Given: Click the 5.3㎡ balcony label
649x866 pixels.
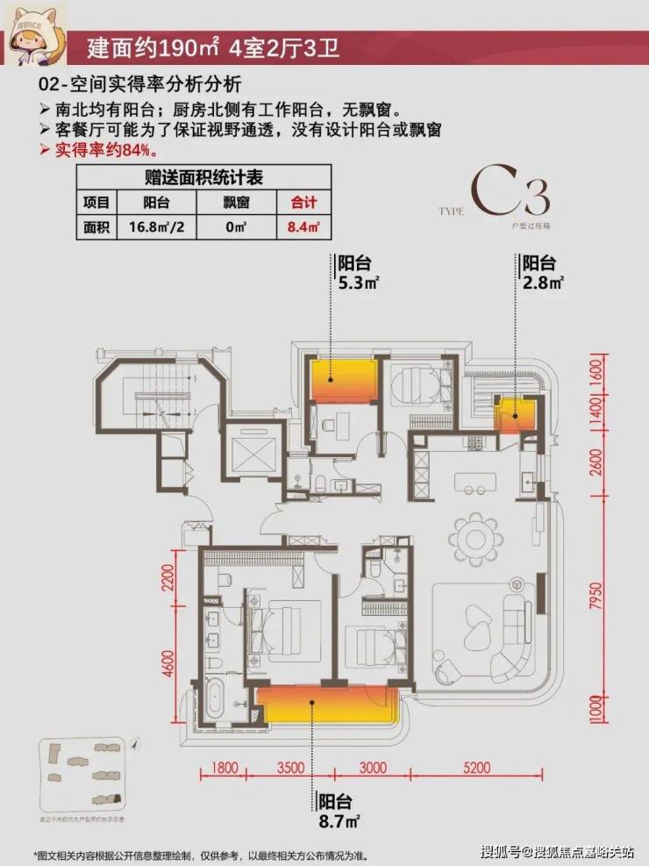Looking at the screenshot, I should (x=359, y=273).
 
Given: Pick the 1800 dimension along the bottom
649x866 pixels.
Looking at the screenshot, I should (x=225, y=767).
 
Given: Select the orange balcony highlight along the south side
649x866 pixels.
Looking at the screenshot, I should (x=326, y=704).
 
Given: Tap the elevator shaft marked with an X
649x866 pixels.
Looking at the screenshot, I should (x=251, y=453).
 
